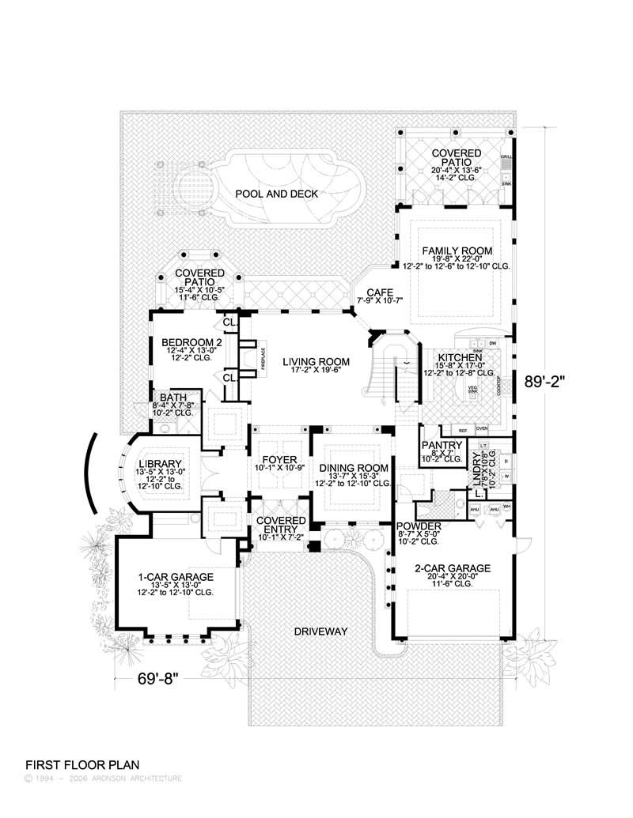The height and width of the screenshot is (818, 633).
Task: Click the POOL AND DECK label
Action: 276,194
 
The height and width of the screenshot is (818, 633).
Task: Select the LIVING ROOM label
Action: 316,361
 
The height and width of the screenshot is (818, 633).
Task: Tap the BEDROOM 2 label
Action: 189,342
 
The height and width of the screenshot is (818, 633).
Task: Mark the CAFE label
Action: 374,292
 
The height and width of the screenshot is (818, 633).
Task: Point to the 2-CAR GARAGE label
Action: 453,567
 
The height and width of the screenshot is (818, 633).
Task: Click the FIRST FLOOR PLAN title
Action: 82,764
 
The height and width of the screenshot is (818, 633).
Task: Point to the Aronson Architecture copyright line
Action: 104,778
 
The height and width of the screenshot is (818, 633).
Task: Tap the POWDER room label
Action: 419,525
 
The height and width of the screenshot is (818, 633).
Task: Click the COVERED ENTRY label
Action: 281,525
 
